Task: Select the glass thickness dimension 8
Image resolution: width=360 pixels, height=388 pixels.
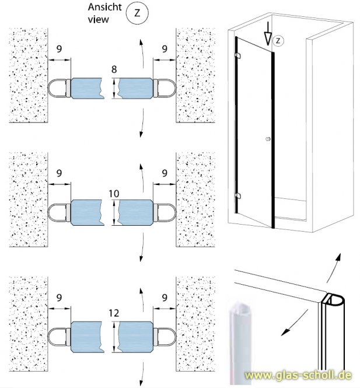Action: pyautogui.click(x=114, y=69)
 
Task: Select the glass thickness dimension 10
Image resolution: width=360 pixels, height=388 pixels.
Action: pyautogui.click(x=114, y=192)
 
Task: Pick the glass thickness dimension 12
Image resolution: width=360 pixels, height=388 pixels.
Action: pyautogui.click(x=114, y=314)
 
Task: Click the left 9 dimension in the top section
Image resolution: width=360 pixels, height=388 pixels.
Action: pyautogui.click(x=59, y=50)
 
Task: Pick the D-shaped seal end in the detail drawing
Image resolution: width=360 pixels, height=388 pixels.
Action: pyautogui.click(x=333, y=300)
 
